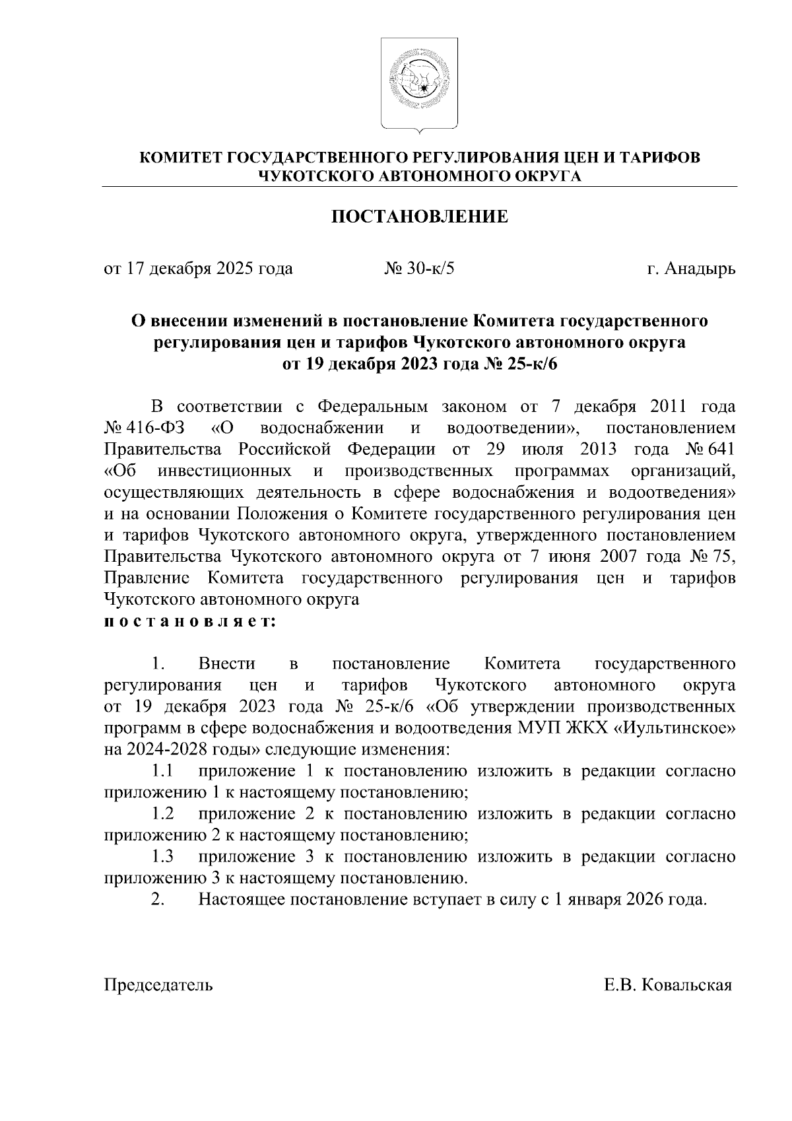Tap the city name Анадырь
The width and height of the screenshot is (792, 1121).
pyautogui.click(x=700, y=269)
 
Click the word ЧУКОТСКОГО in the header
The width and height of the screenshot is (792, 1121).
pyautogui.click(x=317, y=176)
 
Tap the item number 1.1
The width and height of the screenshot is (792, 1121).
pyautogui.click(x=162, y=771)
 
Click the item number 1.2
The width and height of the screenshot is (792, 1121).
pyautogui.click(x=162, y=814)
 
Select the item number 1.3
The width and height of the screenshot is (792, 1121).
pyautogui.click(x=162, y=857)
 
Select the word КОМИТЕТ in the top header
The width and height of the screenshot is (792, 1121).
pyautogui.click(x=181, y=158)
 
